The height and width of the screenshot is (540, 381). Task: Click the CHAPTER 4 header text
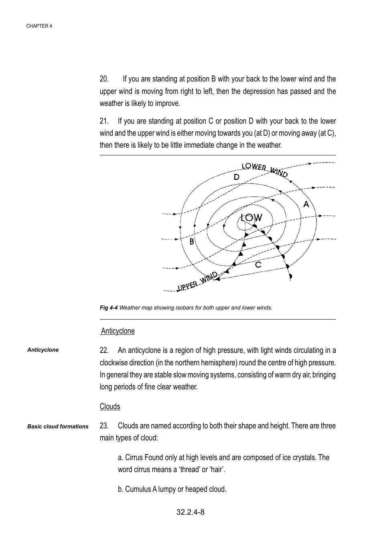tap(39, 26)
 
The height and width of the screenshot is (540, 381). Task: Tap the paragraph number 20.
tap(104, 79)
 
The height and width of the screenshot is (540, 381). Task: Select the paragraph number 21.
tap(104, 121)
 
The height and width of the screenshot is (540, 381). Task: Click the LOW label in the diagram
tap(251, 218)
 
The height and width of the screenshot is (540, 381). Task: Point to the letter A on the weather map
tap(306, 204)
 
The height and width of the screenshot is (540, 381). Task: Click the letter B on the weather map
tap(192, 242)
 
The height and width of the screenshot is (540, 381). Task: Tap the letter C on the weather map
tap(258, 265)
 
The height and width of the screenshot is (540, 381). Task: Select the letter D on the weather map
tap(237, 177)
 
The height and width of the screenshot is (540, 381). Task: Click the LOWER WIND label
tap(265, 170)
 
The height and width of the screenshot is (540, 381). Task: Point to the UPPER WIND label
tap(197, 281)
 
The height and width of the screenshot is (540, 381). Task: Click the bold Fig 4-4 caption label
tap(109, 308)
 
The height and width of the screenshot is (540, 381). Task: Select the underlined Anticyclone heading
tap(118, 331)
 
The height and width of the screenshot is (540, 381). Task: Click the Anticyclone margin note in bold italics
tap(43, 350)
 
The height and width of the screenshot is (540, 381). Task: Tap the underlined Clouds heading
tap(110, 407)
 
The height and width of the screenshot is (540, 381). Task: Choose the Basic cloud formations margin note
tap(58, 427)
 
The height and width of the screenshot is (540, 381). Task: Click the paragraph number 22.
tap(104, 350)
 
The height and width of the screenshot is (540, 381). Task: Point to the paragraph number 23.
tap(104, 426)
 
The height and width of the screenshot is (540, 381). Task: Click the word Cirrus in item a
tap(134, 458)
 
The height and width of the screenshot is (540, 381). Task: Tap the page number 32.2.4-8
tap(190, 512)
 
